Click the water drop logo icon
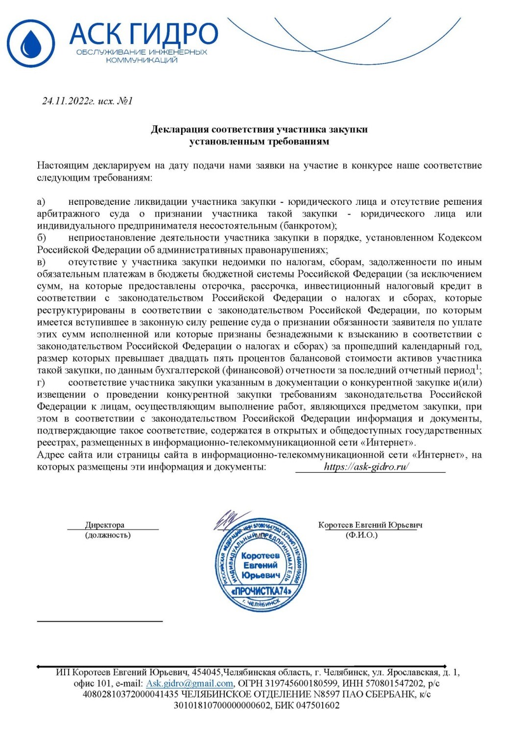coord(31,43)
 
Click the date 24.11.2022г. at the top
coord(68,101)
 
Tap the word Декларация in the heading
coord(180,130)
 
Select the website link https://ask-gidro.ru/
coord(366,467)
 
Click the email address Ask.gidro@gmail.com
coord(189,684)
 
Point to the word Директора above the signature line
coord(105,525)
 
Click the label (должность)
coord(108,535)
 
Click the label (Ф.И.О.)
coord(361,535)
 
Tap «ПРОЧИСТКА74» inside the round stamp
coord(261,591)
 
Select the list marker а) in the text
coord(41,202)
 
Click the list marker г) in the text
coord(41,383)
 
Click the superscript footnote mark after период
coord(478,367)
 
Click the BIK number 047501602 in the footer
coord(317,706)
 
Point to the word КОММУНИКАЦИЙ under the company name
coord(142,60)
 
